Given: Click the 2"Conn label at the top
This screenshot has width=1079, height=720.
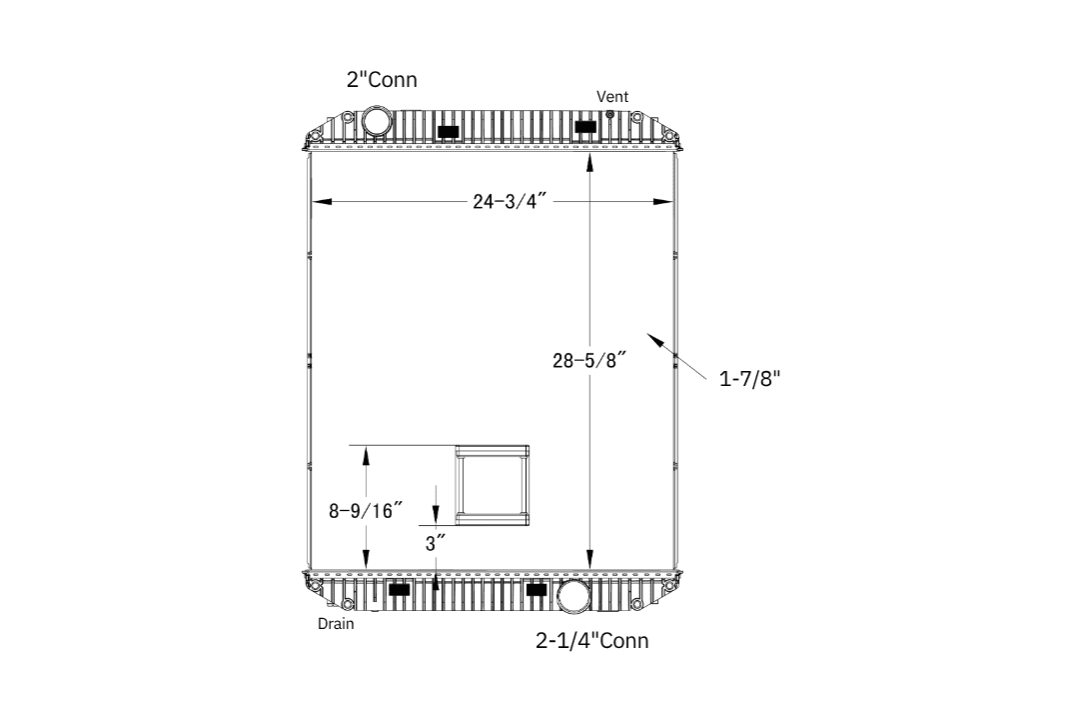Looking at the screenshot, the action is click(x=382, y=79).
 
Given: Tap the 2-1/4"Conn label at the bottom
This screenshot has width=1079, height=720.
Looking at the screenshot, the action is click(x=591, y=640).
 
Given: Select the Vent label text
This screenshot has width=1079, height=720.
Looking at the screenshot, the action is click(x=612, y=96).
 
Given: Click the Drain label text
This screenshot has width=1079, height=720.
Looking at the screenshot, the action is click(x=336, y=624).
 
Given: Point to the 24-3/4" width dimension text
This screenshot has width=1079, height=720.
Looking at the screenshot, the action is click(x=510, y=201).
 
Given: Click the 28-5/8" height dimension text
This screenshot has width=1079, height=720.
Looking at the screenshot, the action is click(x=589, y=360).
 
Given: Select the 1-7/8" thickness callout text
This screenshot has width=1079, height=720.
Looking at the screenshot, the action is click(x=750, y=378).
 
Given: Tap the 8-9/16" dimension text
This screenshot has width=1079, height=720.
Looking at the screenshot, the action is click(x=366, y=511).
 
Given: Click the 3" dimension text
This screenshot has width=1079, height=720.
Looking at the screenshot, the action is click(x=436, y=544).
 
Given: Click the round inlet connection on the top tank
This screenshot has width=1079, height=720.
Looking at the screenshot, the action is click(x=377, y=120).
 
